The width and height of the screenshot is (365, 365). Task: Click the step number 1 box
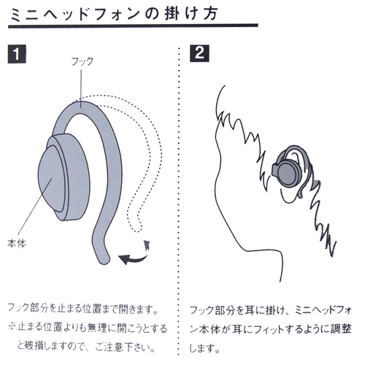[x=17, y=54]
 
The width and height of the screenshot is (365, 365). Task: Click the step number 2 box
[x=199, y=53]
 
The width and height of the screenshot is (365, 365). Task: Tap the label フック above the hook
[x=82, y=61]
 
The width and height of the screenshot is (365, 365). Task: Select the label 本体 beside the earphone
[x=17, y=243]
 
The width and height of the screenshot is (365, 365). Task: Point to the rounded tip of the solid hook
[x=105, y=261]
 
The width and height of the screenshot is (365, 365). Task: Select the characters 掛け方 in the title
[x=191, y=14]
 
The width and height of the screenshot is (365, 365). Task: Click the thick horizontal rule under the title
[x=133, y=26]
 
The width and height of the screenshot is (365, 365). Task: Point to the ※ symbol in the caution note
[x=12, y=327]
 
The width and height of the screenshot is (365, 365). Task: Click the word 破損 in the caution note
[x=34, y=346]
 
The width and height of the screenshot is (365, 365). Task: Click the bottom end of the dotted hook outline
[x=137, y=231]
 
